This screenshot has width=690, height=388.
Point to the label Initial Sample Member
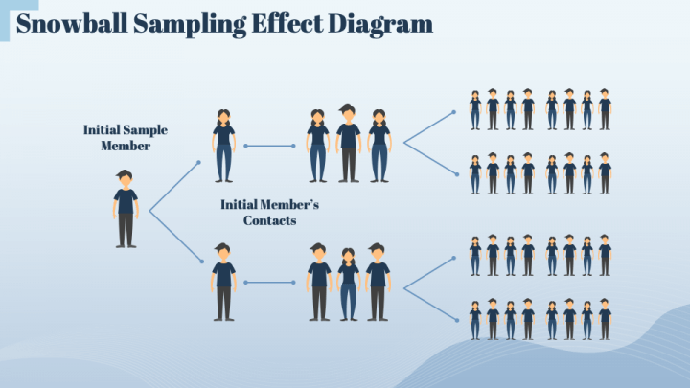126,137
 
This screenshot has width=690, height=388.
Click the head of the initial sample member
126,178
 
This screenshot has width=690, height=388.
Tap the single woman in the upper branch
223,146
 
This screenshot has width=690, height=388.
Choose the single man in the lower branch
223,282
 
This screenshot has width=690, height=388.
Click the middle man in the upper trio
348,144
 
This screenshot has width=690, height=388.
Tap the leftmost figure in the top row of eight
475,110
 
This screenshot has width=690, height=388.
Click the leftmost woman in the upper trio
318,146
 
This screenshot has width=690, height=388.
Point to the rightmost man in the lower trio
378,282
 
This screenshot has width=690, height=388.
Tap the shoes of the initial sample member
126,245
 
